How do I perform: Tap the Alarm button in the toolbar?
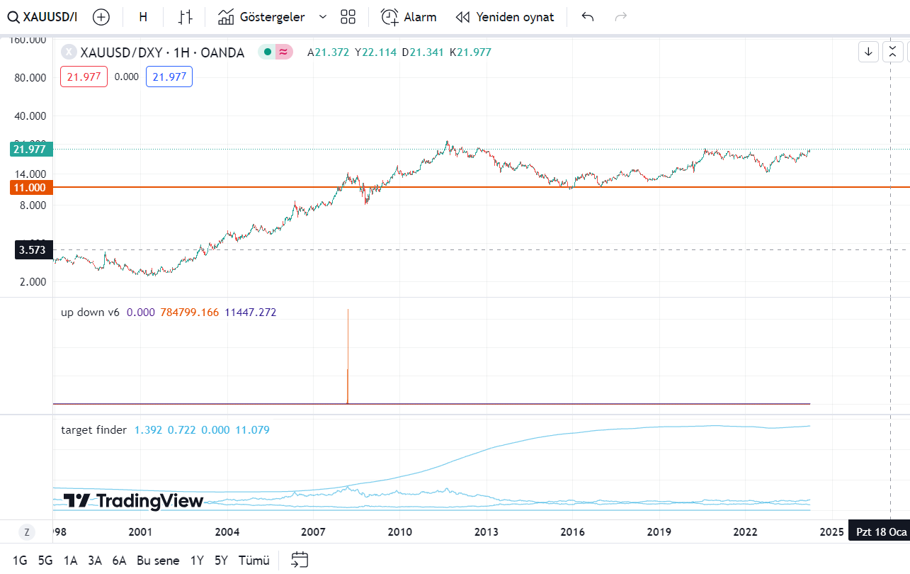(x=409, y=17)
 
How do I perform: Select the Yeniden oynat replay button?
(x=505, y=17)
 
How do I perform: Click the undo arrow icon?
(x=587, y=17)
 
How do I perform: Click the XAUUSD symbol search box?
(x=42, y=17)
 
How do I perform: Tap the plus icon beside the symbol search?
(x=101, y=17)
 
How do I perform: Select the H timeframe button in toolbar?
(x=143, y=17)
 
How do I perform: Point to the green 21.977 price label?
(x=28, y=149)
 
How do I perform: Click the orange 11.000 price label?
(x=28, y=187)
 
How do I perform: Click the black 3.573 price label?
(x=33, y=249)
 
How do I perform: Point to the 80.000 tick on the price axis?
(x=30, y=77)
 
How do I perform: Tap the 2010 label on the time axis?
(x=399, y=531)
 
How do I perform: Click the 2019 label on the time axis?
(x=659, y=531)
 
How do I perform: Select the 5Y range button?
(x=221, y=561)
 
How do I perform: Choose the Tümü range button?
(x=254, y=561)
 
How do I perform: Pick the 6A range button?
(x=119, y=561)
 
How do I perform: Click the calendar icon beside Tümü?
(x=300, y=560)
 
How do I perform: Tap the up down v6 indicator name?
(x=90, y=312)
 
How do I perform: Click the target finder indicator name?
(x=94, y=429)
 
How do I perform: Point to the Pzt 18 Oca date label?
(x=881, y=531)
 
